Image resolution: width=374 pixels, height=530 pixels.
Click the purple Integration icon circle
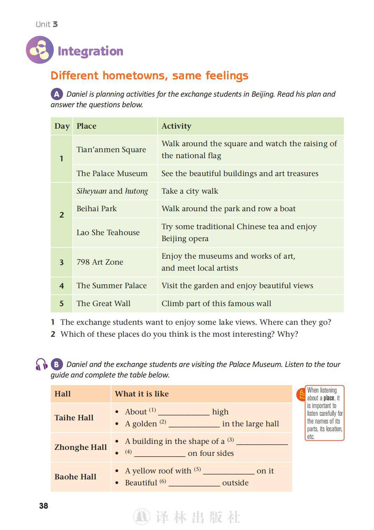coord(40,50)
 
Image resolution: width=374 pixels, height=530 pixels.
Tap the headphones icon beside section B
coord(41,364)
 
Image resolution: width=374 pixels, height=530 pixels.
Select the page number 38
coord(44,506)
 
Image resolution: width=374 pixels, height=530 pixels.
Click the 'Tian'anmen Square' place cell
coord(111,150)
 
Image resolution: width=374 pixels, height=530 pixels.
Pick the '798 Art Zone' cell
coord(100,262)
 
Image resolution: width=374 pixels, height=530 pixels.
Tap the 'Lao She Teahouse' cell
coord(108,233)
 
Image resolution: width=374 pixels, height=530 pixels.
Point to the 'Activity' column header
coord(176,126)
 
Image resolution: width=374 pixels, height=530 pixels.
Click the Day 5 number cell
coord(61,304)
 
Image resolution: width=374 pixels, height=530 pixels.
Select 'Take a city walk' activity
coord(190,191)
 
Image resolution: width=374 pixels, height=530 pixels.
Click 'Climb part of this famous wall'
coord(216,304)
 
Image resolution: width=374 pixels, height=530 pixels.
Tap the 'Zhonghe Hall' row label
coord(80,447)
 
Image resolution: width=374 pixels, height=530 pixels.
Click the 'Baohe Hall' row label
coord(75,477)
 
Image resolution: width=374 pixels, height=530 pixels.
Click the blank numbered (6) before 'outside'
coord(194,483)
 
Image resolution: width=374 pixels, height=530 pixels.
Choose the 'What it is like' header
coord(142,394)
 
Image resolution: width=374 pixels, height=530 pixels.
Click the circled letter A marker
coord(57,94)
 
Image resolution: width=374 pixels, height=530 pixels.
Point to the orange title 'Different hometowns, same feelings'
coord(149,76)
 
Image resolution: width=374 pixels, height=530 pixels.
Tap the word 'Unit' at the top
coord(43,24)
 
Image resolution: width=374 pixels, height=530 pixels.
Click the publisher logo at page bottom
coord(142,517)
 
